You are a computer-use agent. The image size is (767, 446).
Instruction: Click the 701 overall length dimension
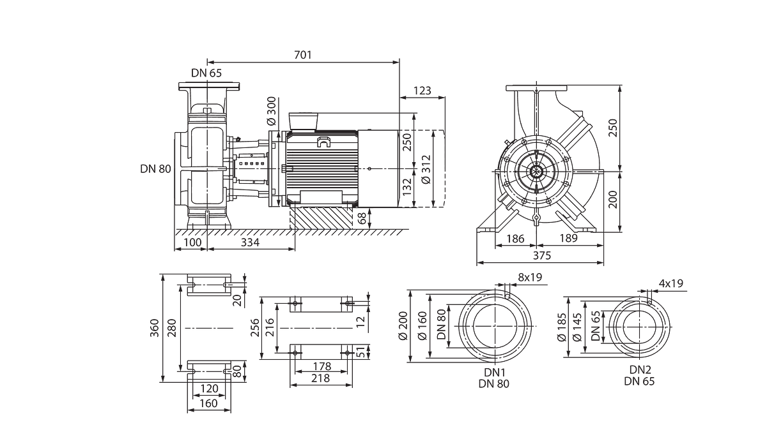point(303,55)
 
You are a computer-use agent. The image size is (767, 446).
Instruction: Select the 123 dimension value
point(422,91)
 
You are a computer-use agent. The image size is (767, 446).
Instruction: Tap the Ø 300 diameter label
point(271,111)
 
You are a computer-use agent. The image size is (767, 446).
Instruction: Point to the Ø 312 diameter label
point(426,170)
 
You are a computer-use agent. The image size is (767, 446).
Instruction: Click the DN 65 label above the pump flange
point(206,73)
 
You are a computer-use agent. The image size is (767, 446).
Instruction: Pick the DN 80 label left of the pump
point(155,169)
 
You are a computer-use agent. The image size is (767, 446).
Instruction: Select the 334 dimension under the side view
point(251,242)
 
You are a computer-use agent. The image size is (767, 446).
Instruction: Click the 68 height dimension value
point(362,218)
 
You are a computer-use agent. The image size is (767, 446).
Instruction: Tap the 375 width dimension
point(542,255)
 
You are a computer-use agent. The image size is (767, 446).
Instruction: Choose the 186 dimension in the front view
point(515,238)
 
